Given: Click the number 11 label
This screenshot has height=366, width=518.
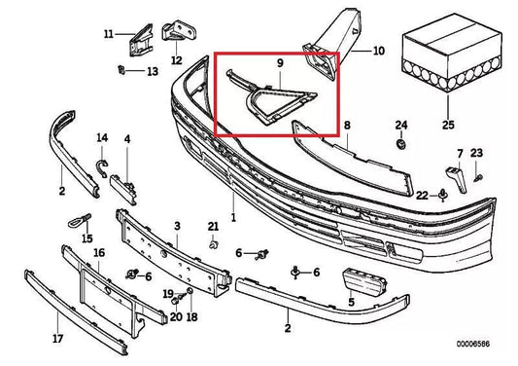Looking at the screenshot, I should coord(108,36).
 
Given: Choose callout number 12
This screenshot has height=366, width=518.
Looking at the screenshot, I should coord(176,60).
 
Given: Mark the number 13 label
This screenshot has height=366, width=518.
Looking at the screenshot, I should coord(152,71).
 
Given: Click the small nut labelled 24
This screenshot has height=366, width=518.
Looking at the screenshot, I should coord(400,145).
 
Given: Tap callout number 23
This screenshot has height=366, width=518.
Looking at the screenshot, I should coord(476,153).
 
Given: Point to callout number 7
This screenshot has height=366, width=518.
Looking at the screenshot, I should coord(460,153).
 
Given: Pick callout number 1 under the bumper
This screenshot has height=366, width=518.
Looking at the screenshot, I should coord(232,216).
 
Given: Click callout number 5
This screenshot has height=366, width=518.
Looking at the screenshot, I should coord(351,304).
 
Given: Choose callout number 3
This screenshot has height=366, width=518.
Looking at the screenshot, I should coord(177,226).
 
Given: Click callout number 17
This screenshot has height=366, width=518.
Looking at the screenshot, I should coord(57,340).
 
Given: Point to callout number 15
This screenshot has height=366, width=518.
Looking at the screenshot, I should coord(86,237).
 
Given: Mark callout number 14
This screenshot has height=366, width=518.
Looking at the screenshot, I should coord(102,137).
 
